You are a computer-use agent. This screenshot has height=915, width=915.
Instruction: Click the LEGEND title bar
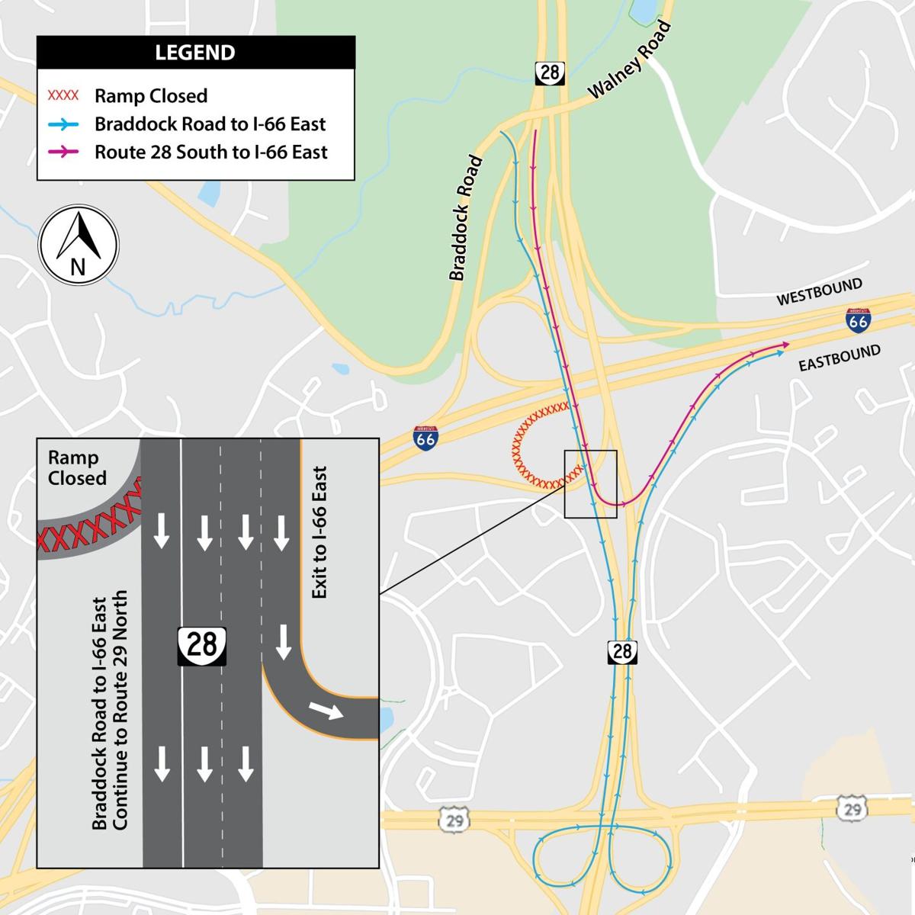[195, 53]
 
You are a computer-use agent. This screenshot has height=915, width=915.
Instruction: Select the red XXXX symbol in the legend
[63, 96]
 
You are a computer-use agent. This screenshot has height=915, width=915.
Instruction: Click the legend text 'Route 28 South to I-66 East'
[210, 152]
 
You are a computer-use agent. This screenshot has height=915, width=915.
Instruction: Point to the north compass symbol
[79, 245]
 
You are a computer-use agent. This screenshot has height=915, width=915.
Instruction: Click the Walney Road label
[630, 60]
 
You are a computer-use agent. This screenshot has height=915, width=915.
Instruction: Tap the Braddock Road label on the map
[466, 218]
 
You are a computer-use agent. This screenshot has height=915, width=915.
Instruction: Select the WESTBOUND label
[819, 292]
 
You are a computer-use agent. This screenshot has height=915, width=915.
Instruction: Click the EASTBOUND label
[840, 358]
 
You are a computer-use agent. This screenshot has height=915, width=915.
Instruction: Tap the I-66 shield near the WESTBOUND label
[858, 320]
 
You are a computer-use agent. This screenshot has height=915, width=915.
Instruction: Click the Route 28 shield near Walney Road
[549, 73]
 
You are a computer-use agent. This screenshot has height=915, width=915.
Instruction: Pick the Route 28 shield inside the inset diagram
[202, 646]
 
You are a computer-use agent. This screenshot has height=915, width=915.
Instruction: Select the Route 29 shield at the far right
[852, 809]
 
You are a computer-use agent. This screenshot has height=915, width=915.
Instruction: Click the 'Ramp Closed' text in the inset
[76, 468]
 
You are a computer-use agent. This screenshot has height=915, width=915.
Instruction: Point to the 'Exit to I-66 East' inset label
[319, 532]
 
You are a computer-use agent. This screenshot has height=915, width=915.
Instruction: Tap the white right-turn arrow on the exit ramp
[326, 711]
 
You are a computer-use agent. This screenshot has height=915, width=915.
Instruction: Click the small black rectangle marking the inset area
[590, 484]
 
